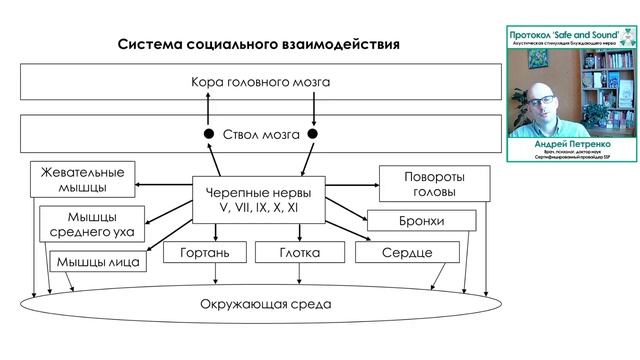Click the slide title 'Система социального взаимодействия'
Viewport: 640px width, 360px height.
pyautogui.click(x=259, y=45)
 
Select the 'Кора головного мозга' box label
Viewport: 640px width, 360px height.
pyautogui.click(x=259, y=81)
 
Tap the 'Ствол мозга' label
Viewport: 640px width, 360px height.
pyautogui.click(x=260, y=133)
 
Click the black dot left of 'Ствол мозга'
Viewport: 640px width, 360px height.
pyautogui.click(x=209, y=134)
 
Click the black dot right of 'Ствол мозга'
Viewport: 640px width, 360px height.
pyautogui.click(x=312, y=134)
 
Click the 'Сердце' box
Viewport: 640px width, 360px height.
pyautogui.click(x=406, y=253)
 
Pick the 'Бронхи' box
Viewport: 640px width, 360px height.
pyautogui.click(x=419, y=221)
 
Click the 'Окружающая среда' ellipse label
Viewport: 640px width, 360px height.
pyautogui.click(x=259, y=303)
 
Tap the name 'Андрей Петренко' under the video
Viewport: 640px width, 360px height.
pyautogui.click(x=571, y=144)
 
